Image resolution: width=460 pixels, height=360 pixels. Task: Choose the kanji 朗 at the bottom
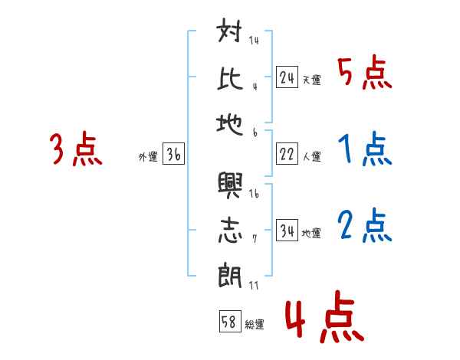(231, 275)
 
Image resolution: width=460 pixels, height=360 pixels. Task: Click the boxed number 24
(287, 77)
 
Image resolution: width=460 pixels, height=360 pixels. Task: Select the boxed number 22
(287, 154)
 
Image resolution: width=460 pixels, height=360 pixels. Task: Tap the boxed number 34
(287, 231)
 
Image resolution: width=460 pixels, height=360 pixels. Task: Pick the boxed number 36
(173, 154)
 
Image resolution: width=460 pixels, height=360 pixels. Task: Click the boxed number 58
(228, 322)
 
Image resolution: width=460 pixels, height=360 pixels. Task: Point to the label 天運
(311, 80)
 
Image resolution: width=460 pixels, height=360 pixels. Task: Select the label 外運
(148, 157)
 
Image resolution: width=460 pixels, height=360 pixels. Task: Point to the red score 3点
(77, 149)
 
